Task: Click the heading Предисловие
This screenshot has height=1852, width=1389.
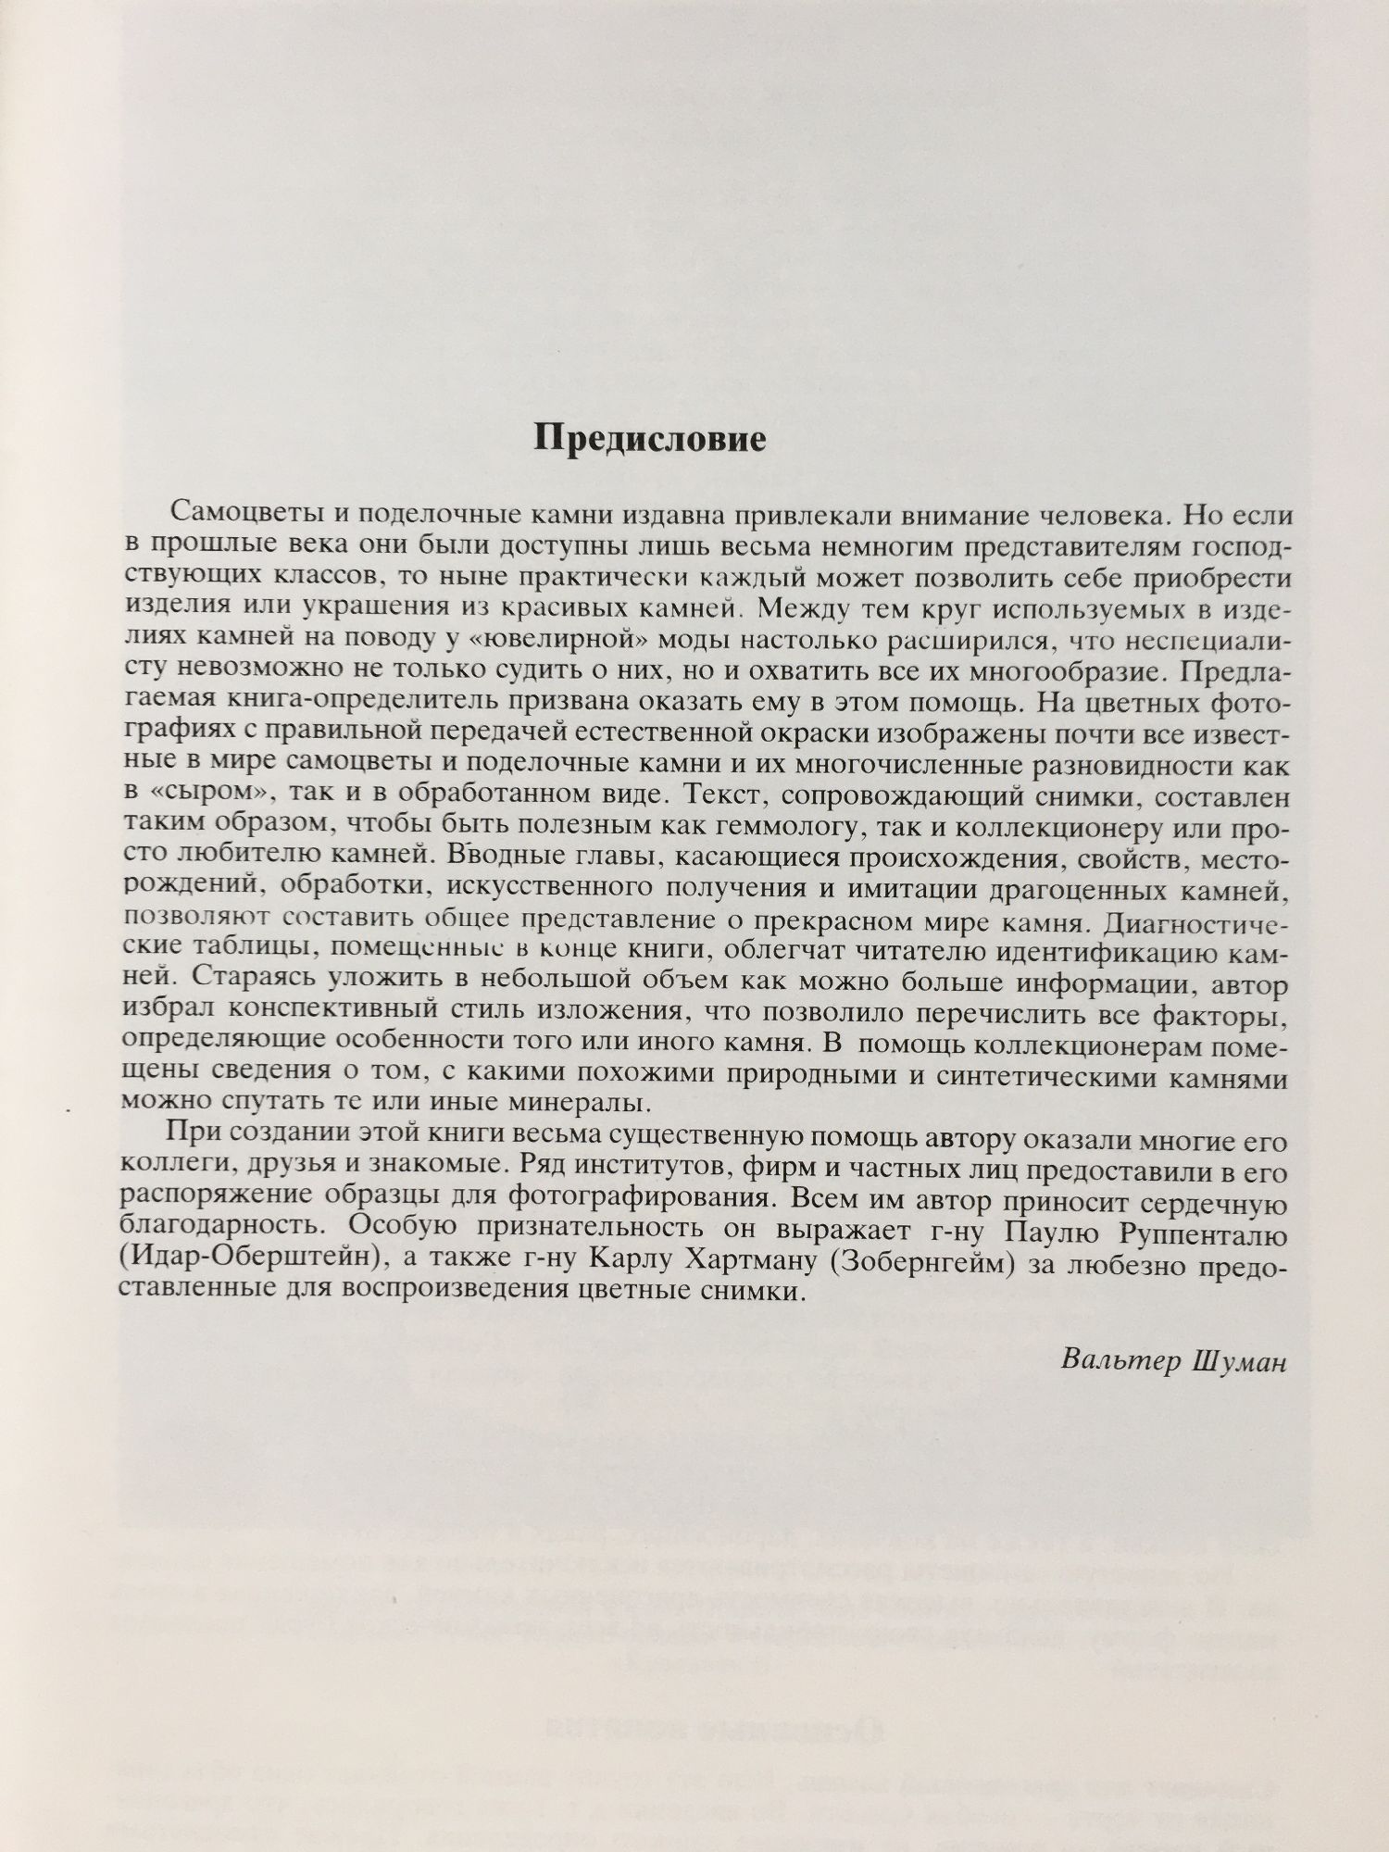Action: pos(650,438)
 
